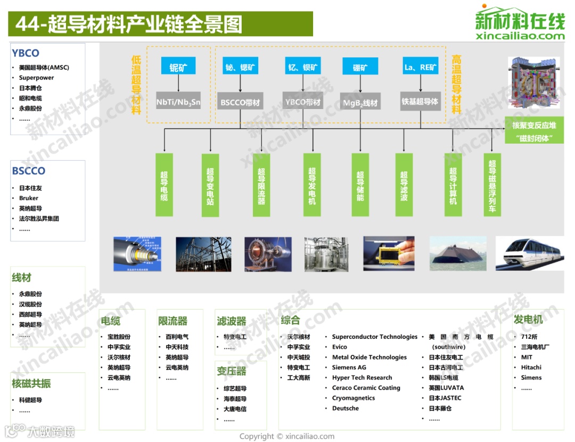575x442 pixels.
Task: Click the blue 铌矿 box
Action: [178, 66]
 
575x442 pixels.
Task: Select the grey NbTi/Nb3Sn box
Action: [178, 101]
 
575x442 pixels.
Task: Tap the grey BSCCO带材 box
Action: [240, 101]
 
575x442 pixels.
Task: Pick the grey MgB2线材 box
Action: [360, 102]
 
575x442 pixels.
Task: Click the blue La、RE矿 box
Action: [421, 66]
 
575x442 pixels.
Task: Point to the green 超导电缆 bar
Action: [164, 185]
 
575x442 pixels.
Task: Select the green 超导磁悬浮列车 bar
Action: [492, 185]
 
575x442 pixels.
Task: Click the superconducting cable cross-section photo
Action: [137, 254]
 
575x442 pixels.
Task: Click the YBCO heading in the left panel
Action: [26, 53]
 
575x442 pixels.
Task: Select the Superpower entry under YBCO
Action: [36, 78]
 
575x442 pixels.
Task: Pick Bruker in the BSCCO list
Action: [29, 198]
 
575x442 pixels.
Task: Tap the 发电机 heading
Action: [528, 320]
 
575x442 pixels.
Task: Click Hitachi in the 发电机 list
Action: [531, 368]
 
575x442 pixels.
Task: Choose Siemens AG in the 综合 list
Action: [349, 368]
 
